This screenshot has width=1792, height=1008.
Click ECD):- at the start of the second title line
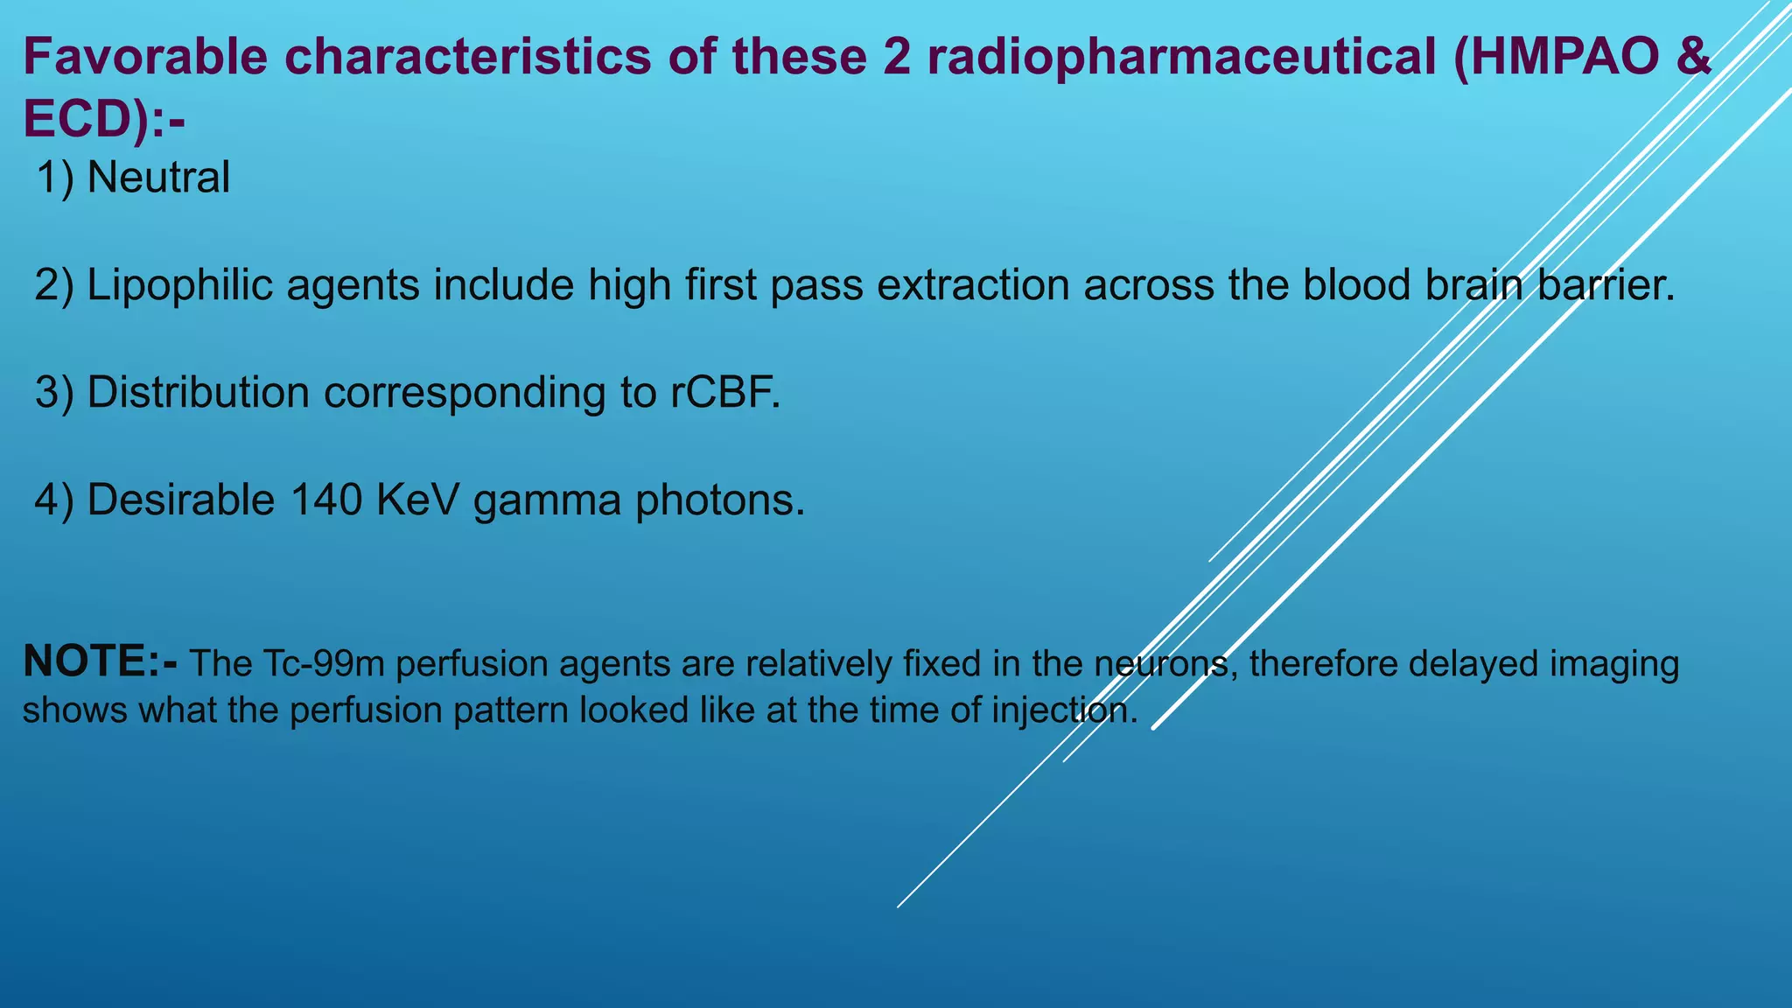(x=103, y=118)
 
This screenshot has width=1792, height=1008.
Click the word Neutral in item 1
(x=158, y=178)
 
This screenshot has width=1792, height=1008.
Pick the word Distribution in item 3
(x=198, y=392)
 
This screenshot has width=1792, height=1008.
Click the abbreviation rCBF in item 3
(x=724, y=392)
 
